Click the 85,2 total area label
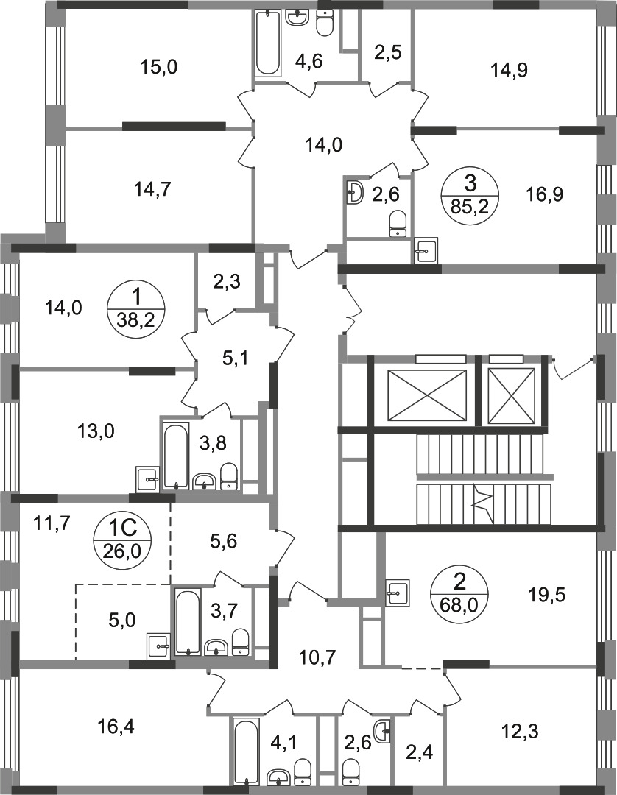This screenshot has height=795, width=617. [470, 207]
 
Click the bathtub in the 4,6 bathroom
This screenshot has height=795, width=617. [267, 43]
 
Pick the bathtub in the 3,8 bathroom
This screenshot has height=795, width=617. [176, 456]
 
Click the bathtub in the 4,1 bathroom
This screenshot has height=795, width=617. [247, 752]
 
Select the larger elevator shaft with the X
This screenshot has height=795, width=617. [426, 395]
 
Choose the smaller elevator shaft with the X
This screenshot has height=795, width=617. [512, 395]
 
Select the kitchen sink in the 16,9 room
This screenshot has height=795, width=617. [426, 250]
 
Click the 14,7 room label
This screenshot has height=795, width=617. [152, 190]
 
